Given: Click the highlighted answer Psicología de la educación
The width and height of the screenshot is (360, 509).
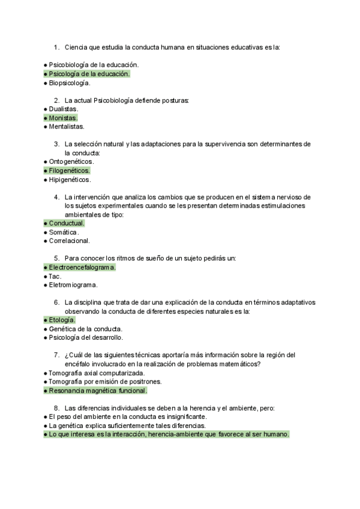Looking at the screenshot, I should (89, 74).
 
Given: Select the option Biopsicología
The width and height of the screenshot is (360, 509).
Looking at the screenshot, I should (69, 83).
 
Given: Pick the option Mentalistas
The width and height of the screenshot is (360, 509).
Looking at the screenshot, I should (67, 127).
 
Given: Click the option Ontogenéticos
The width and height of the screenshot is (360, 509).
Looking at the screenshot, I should (71, 161).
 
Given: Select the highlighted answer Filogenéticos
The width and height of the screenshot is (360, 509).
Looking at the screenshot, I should (69, 170).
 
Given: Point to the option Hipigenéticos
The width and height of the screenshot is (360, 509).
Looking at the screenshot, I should (70, 179).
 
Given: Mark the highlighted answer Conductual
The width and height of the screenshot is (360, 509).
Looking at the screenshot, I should (66, 223).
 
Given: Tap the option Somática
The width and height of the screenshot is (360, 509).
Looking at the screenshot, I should (64, 232).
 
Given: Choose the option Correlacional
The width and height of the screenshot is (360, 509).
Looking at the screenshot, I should (69, 241).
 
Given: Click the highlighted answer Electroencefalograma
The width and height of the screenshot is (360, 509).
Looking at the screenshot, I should (82, 267).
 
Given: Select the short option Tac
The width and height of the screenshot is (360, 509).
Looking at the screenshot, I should (55, 276).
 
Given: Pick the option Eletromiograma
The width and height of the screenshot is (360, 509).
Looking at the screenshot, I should (73, 285).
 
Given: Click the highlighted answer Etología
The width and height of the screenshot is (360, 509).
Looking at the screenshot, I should (62, 320).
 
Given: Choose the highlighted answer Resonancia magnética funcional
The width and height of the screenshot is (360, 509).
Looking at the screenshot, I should (98, 390).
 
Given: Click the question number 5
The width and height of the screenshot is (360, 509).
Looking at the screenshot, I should (56, 258).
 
